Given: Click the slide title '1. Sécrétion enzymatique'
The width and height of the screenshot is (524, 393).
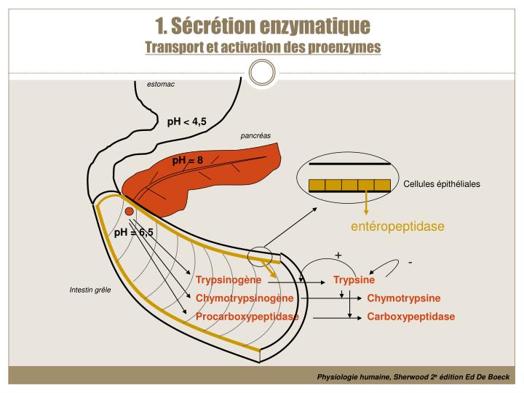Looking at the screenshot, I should (x=262, y=25).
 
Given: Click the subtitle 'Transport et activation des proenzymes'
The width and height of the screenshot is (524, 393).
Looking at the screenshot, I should (x=262, y=47).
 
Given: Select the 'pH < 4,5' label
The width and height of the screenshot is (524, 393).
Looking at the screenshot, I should (x=186, y=122).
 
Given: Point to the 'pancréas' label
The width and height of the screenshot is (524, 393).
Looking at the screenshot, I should (x=255, y=136).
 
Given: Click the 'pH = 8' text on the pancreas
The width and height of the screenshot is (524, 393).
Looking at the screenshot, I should (x=187, y=160).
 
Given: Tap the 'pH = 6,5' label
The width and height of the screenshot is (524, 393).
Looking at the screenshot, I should (x=135, y=232).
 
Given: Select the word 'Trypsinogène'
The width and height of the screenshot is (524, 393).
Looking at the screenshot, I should (x=228, y=280).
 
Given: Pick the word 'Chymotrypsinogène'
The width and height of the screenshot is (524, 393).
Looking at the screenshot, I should (x=245, y=298).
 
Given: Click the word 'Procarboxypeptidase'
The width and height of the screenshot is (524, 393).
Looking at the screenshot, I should (x=247, y=317).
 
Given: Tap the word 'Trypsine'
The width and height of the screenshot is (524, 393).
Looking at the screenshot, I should (x=354, y=280).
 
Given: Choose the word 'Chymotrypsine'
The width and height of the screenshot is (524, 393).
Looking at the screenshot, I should (x=404, y=298).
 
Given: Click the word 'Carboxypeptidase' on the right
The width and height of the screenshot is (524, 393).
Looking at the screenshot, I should (x=410, y=317).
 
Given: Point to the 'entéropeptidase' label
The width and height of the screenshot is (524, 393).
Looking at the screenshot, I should (x=397, y=226).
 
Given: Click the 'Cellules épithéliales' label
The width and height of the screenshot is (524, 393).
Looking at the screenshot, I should (x=442, y=184).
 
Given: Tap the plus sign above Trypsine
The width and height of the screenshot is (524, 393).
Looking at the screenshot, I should (x=338, y=255).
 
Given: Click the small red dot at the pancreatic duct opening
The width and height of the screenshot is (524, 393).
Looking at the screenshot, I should (x=129, y=211).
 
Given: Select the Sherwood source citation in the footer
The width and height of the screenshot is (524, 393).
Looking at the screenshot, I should (x=413, y=377).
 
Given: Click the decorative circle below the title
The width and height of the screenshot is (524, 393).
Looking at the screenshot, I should (x=262, y=73).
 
